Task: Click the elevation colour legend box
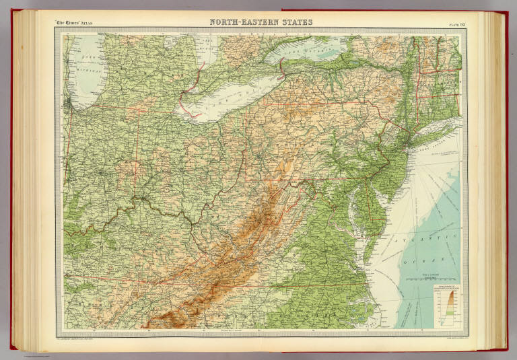pyautogui.click(x=444, y=305)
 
